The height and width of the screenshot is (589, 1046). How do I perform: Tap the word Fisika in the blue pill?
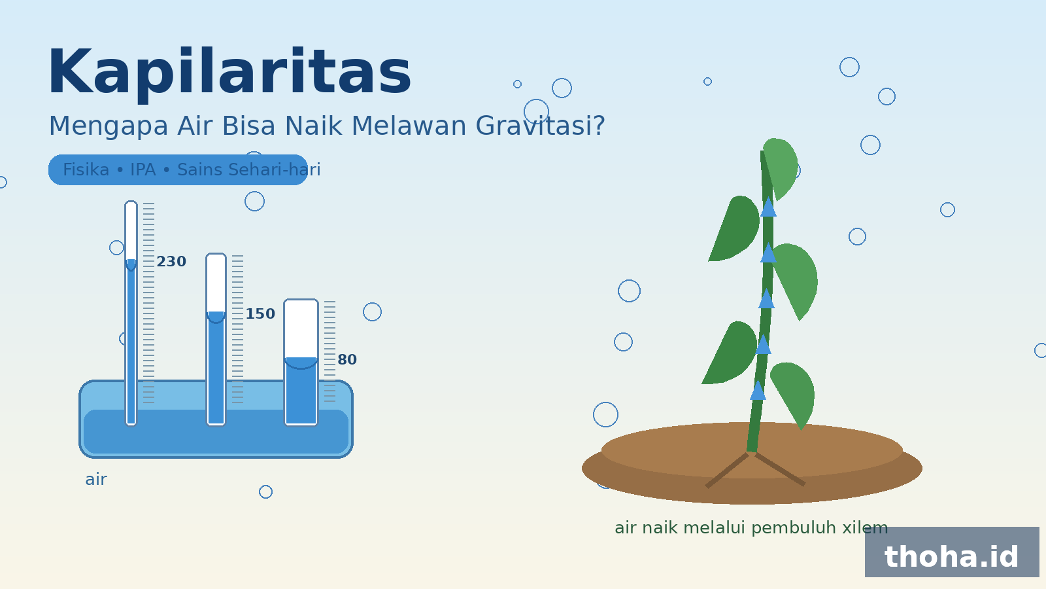click(x=86, y=170)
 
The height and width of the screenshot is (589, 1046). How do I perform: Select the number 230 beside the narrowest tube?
click(x=171, y=261)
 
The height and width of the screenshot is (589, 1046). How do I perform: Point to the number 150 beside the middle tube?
click(x=260, y=313)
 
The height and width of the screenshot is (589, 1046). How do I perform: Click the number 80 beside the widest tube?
click(x=347, y=359)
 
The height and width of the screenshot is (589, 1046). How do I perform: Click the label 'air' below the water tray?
click(x=96, y=479)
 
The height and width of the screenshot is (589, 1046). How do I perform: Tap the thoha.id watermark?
click(x=951, y=556)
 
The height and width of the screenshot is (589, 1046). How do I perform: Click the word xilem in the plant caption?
click(x=865, y=527)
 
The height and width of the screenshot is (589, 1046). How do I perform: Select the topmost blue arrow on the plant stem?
click(x=768, y=207)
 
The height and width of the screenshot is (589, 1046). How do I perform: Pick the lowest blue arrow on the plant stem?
click(x=758, y=390)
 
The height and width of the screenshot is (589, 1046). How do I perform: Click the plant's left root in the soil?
click(x=727, y=471)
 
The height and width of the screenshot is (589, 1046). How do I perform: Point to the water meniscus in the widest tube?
click(x=301, y=363)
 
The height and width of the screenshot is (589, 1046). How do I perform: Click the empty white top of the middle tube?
click(x=216, y=283)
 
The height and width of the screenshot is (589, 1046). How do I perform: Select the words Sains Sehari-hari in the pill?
click(x=249, y=170)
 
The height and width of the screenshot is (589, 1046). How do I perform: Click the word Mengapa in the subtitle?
click(x=109, y=127)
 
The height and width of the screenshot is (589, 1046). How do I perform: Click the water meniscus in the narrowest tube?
click(x=131, y=265)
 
